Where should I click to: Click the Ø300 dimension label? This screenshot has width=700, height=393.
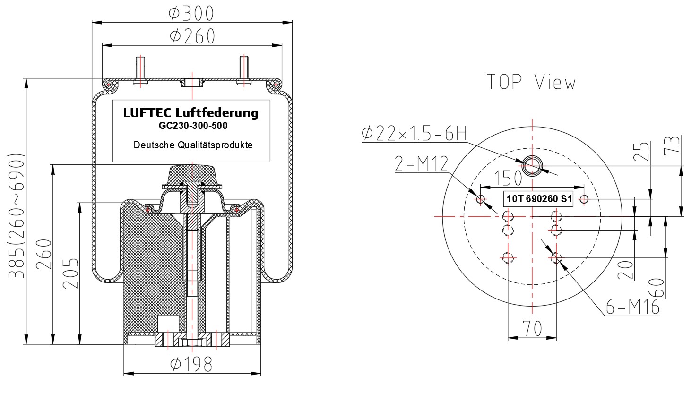(191, 13)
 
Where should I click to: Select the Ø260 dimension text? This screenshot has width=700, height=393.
(192, 36)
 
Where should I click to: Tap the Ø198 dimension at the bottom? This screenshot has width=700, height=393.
(191, 364)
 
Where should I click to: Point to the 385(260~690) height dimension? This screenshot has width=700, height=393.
(16, 215)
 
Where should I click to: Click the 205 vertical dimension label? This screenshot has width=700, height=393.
(70, 273)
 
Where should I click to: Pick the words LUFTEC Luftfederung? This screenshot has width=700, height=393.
(190, 113)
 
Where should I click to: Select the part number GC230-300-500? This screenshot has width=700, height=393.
(193, 126)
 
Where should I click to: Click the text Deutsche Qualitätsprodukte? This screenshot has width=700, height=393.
(193, 145)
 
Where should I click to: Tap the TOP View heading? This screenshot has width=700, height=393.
(531, 82)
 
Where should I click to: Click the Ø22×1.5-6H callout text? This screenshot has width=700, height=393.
(414, 134)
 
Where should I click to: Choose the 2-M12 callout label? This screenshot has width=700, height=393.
(422, 164)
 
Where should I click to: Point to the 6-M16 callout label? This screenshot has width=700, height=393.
(632, 307)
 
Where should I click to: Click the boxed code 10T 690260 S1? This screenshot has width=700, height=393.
(539, 199)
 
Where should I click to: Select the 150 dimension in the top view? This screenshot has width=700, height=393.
(508, 178)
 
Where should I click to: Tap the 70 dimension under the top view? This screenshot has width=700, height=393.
(532, 328)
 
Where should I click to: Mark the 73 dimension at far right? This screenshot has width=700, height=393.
(672, 145)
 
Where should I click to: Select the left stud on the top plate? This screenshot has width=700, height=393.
(140, 70)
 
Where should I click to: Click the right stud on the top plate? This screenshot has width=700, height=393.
(244, 70)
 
